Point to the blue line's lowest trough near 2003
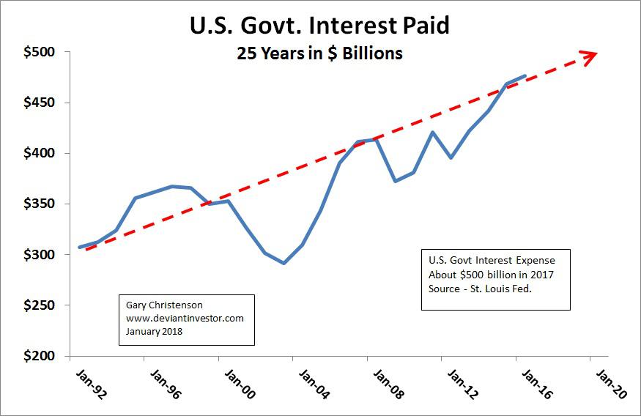pos(284,263)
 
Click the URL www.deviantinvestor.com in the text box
pos(185,319)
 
